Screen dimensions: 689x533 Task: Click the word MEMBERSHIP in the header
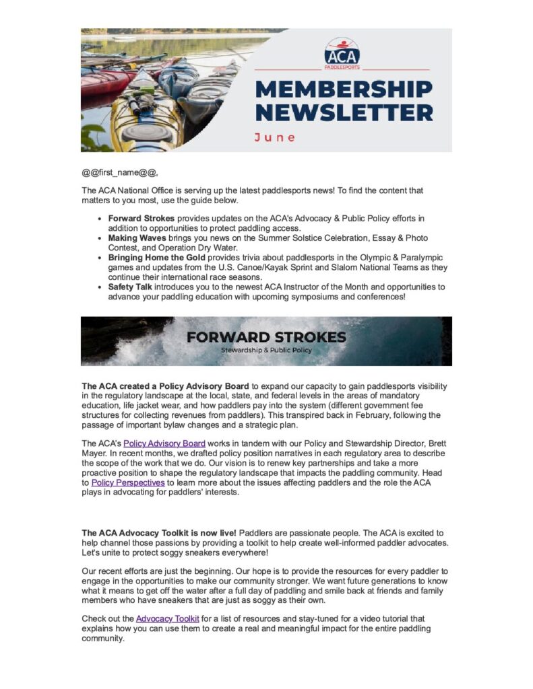(344, 89)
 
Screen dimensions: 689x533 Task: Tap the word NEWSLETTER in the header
(344, 112)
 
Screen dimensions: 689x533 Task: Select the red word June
(274, 137)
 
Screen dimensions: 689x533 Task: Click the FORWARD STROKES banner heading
(266, 336)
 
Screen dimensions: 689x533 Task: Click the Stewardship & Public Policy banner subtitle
(266, 351)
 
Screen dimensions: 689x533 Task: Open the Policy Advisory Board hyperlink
(164, 443)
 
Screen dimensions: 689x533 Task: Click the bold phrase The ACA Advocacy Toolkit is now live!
(159, 533)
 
